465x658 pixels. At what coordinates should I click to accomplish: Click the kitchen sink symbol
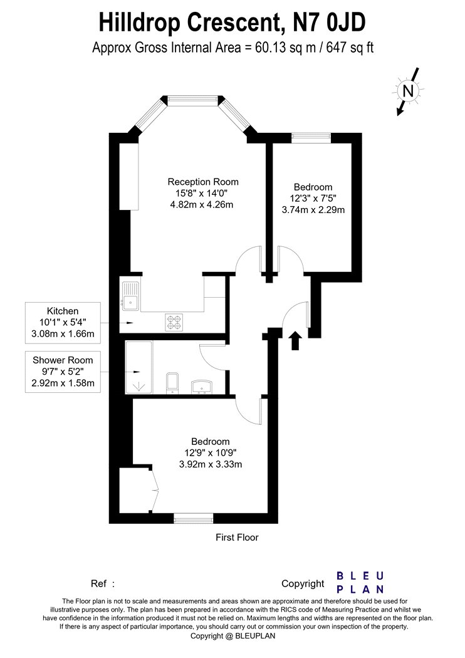pyautogui.click(x=130, y=295)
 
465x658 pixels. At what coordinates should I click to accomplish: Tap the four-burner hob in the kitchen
pyautogui.click(x=174, y=322)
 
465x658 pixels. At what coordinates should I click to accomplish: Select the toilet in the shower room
pyautogui.click(x=172, y=382)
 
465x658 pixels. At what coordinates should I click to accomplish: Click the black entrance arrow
pyautogui.click(x=296, y=340)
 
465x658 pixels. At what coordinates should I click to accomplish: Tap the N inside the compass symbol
pyautogui.click(x=408, y=91)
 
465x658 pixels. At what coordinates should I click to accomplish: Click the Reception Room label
pyautogui.click(x=203, y=182)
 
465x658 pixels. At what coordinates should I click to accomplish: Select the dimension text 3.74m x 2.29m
pyautogui.click(x=313, y=210)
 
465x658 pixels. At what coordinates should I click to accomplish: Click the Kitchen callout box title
pyautogui.click(x=63, y=311)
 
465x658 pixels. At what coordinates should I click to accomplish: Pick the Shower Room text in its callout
pyautogui.click(x=63, y=360)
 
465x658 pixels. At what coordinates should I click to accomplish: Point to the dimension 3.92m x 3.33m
pyautogui.click(x=211, y=464)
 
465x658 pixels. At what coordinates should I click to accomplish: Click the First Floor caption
pyautogui.click(x=237, y=537)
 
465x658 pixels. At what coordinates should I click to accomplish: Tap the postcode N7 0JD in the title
pyautogui.click(x=330, y=23)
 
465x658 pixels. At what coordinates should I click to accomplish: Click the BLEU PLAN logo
pyautogui.click(x=360, y=582)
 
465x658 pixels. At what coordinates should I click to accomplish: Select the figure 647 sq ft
pyautogui.click(x=350, y=48)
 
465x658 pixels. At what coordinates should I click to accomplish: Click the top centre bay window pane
pyautogui.click(x=194, y=100)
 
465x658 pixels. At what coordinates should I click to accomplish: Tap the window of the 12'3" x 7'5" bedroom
pyautogui.click(x=311, y=136)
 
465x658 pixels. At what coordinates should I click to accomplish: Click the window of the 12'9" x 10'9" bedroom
pyautogui.click(x=194, y=519)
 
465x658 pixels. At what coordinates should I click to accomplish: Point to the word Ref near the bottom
pyautogui.click(x=98, y=583)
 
